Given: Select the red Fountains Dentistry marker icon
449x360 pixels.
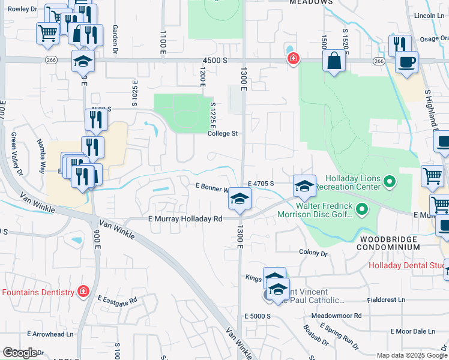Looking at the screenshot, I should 83,292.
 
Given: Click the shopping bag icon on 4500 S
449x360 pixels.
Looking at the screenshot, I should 334,61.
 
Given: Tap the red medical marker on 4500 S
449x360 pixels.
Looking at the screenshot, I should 294,59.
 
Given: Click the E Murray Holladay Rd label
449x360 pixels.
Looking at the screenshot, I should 185,219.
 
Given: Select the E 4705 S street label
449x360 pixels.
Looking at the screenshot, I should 261,184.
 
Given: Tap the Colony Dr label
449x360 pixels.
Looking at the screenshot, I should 312,253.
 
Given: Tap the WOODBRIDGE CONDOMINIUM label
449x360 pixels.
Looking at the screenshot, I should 390,243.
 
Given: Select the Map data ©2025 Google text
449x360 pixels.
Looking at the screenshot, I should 412,355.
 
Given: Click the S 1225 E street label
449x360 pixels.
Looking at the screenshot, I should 212,115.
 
